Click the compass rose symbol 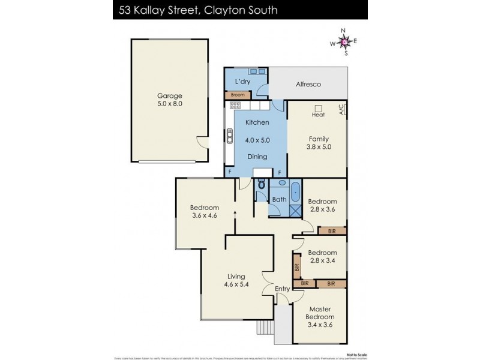344,41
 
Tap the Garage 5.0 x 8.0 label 170,100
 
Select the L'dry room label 243,81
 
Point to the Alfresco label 309,85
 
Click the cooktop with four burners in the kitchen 235,106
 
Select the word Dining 258,156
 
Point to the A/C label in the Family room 342,109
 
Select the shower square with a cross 295,210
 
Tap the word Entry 282,289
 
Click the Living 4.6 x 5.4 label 236,281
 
